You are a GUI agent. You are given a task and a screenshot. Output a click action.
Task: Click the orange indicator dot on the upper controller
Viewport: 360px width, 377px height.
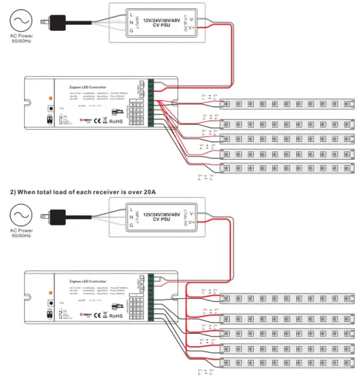(50, 99)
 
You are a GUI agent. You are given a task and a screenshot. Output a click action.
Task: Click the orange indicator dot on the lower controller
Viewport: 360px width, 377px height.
(50, 291)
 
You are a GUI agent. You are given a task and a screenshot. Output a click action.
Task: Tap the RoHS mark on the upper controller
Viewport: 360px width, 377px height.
(118, 122)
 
